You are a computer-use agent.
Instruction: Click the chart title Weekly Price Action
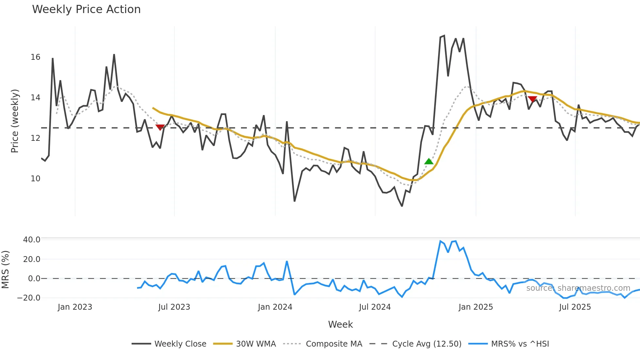pos(86,9)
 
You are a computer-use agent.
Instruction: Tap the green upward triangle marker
pos(429,161)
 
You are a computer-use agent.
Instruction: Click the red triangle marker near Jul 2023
pos(160,127)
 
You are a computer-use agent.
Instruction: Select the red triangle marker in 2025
pos(532,99)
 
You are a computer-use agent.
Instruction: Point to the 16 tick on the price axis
pos(35,57)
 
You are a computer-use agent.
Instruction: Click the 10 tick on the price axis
pos(35,179)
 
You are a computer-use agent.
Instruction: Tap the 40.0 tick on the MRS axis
pos(32,239)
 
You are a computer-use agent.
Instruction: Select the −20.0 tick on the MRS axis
pos(29,298)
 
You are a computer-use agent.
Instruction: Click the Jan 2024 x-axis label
pos(275,307)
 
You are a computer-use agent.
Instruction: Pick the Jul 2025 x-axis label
pos(575,307)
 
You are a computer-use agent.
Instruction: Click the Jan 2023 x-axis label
pos(75,307)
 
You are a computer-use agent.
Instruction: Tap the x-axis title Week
pos(340,324)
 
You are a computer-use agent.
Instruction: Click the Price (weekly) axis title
pos(15,121)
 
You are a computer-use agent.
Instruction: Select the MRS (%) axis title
pos(5,270)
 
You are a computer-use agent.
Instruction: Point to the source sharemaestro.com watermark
pos(578,288)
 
